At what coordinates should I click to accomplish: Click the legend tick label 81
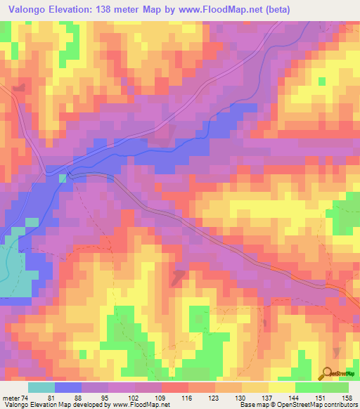[51, 397]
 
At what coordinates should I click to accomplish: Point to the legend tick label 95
[103, 397]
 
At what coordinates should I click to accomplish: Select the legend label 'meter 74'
[15, 397]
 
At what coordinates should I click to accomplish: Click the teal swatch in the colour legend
[41, 387]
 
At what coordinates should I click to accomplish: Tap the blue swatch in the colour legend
[68, 387]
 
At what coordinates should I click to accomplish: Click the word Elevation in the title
[67, 10]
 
